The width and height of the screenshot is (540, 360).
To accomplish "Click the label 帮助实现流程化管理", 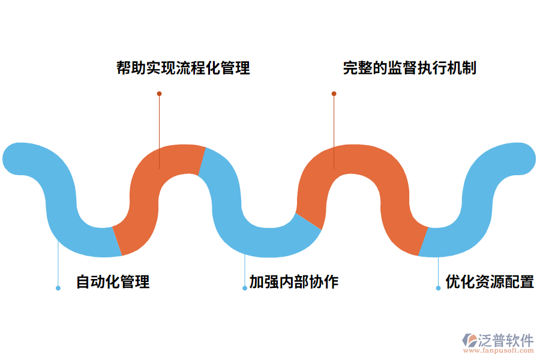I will (183, 68).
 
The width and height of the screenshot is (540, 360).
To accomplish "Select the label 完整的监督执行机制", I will (410, 68).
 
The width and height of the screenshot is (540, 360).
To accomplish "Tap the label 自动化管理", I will (113, 281).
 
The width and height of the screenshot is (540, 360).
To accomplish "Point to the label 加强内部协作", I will (294, 281).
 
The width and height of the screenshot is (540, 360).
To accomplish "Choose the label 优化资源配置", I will (490, 281).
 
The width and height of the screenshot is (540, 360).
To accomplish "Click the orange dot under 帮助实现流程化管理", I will (159, 94).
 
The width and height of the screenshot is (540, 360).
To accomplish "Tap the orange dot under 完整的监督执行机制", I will (334, 94).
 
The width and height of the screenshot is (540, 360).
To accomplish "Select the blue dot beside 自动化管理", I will (58, 288).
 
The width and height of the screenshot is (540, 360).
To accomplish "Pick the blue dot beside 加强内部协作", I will (245, 288).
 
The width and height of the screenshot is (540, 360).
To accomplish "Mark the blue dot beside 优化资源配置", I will (438, 288).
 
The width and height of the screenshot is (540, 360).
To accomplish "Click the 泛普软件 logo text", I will (505, 340).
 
